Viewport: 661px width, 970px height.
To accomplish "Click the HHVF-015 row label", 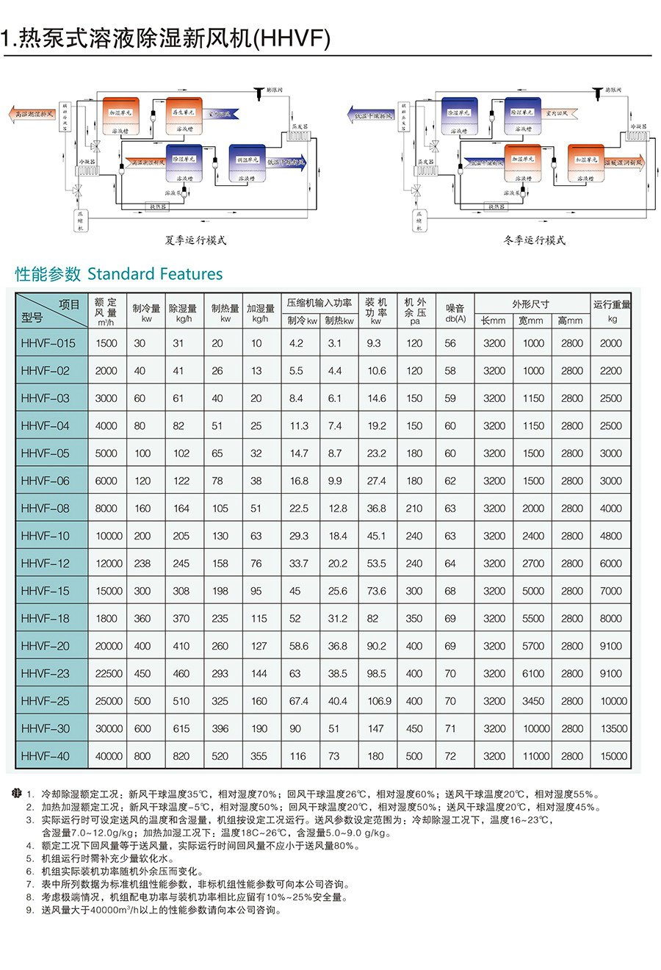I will click(48, 343).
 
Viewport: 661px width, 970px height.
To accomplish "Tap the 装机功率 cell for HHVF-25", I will click(379, 701).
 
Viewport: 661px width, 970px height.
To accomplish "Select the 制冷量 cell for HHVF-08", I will click(142, 509).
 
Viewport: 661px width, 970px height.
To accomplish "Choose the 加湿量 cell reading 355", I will click(259, 756).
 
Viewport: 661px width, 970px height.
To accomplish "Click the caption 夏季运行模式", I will click(195, 240).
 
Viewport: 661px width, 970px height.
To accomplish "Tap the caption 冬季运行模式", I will click(535, 240).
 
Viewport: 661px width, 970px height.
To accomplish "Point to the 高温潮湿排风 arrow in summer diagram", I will click(31, 115).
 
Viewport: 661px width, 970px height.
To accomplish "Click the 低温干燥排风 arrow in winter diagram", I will click(371, 115).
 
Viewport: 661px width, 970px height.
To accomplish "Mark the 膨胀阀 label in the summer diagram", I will click(274, 90).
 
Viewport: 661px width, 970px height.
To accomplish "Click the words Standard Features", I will click(154, 274).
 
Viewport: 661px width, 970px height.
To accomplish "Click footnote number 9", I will click(29, 910).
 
